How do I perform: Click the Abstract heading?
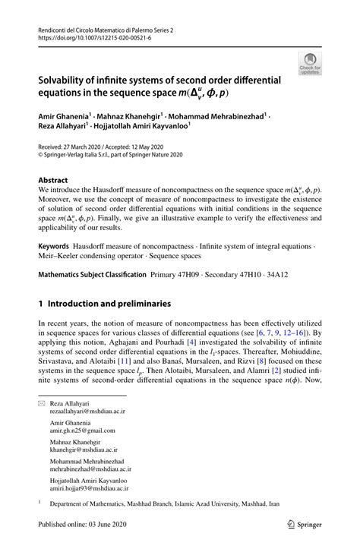(x=53, y=181)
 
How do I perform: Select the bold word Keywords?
(x=54, y=247)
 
